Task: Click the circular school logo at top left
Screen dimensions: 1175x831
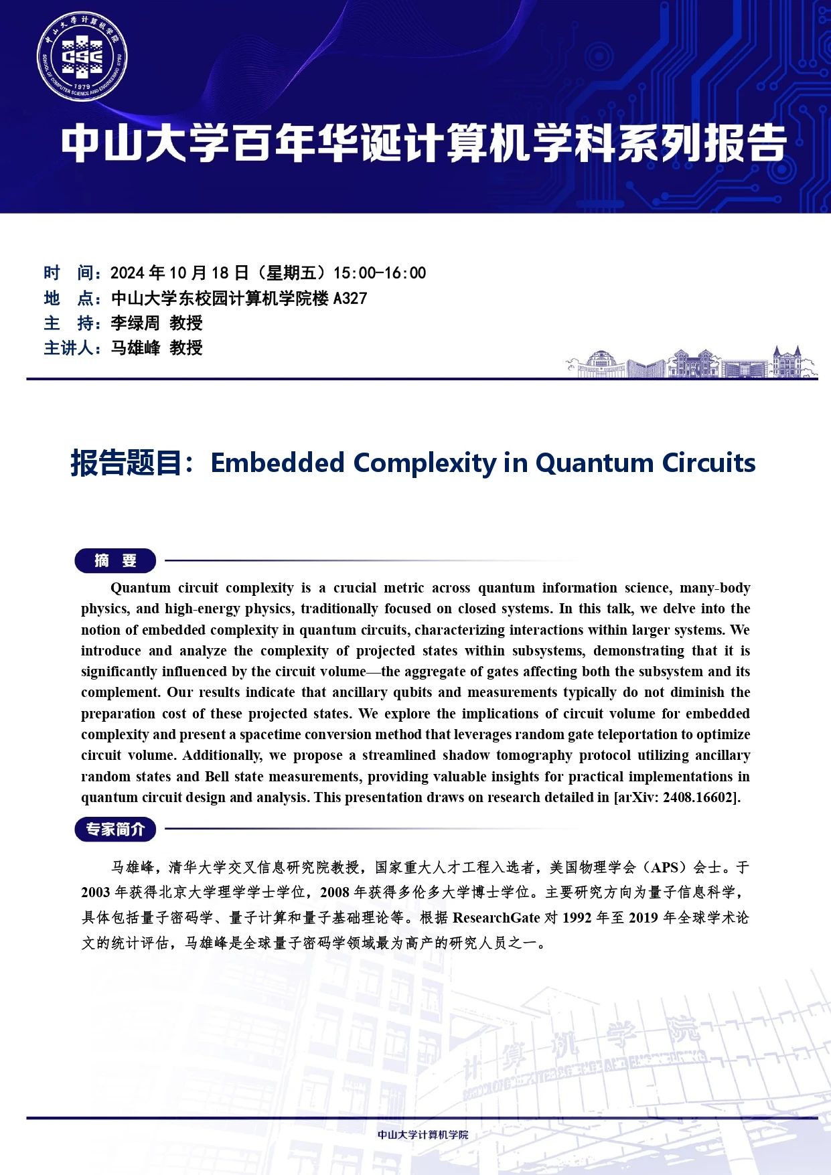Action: click(82, 56)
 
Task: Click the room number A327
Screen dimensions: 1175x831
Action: click(350, 299)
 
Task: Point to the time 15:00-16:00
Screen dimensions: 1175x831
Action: click(380, 273)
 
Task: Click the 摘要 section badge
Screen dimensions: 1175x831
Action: click(115, 560)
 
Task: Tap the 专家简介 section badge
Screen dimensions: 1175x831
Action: click(115, 829)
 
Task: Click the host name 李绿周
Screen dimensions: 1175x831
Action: click(135, 323)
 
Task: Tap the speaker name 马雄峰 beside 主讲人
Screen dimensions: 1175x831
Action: click(135, 348)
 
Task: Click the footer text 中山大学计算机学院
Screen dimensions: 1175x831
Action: click(423, 1134)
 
